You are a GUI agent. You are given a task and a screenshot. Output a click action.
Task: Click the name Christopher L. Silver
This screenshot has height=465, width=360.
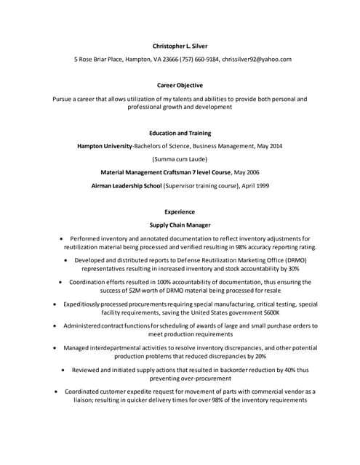point(180,46)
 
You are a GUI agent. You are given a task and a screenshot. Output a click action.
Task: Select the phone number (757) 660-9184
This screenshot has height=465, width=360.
point(199,60)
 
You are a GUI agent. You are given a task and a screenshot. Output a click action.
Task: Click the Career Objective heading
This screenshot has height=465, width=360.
point(180,85)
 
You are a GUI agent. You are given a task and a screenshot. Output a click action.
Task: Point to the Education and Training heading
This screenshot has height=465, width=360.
point(180,133)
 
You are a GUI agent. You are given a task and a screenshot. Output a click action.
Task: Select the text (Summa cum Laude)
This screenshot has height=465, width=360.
point(180,159)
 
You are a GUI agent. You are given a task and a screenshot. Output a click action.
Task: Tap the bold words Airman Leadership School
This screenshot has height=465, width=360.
point(127,185)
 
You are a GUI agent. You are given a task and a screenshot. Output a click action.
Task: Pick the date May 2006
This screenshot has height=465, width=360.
point(246,172)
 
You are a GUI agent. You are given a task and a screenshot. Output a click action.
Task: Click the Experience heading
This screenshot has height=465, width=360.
point(180,212)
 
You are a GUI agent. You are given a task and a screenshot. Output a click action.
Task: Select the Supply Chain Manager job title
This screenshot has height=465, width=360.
point(180,225)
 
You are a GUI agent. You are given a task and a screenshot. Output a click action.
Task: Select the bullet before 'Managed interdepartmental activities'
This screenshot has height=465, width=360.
point(55,348)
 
